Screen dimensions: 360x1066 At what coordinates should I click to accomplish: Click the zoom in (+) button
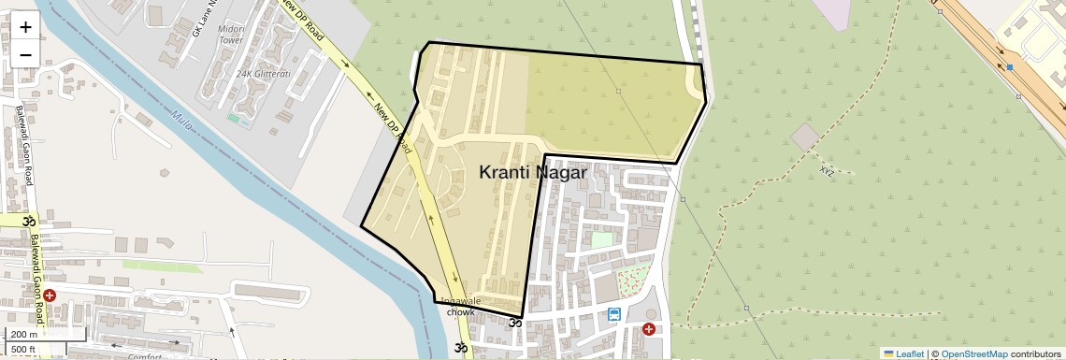click(25, 27)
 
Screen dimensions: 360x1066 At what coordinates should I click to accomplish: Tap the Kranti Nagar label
click(533, 173)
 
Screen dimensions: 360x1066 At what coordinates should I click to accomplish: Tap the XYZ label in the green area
click(827, 171)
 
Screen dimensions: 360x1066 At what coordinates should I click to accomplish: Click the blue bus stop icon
click(614, 314)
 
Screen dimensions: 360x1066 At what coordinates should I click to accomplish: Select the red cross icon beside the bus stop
click(649, 329)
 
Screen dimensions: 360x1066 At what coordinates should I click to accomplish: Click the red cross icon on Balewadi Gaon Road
click(50, 295)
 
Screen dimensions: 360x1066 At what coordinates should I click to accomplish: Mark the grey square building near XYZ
click(804, 137)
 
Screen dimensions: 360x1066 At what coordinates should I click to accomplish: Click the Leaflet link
click(903, 353)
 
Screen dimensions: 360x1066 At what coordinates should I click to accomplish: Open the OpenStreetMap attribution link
click(973, 353)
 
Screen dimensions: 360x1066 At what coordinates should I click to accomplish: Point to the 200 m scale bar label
click(24, 334)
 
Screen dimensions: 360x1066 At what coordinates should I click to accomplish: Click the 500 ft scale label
click(24, 350)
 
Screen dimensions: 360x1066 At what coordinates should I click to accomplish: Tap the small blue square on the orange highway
click(1010, 67)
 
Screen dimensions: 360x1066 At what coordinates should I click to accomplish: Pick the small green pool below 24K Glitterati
click(233, 118)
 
